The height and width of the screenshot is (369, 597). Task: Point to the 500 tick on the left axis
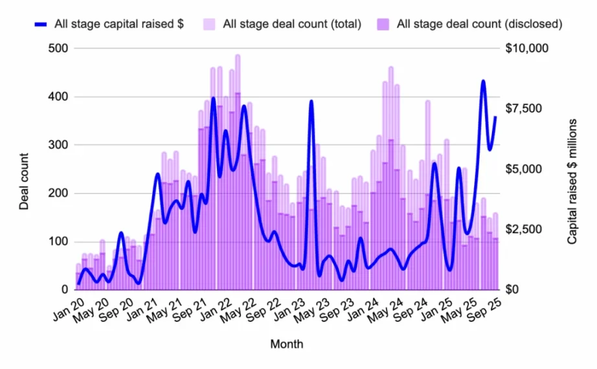tap(57, 49)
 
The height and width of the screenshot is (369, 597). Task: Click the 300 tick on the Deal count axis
tap(57, 145)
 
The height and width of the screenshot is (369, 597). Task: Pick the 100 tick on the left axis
tap(57, 241)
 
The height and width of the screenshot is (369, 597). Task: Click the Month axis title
tap(286, 344)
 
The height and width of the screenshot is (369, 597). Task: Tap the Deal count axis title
tap(25, 181)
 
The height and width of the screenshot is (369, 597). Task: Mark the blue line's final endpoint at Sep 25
tap(496, 117)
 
